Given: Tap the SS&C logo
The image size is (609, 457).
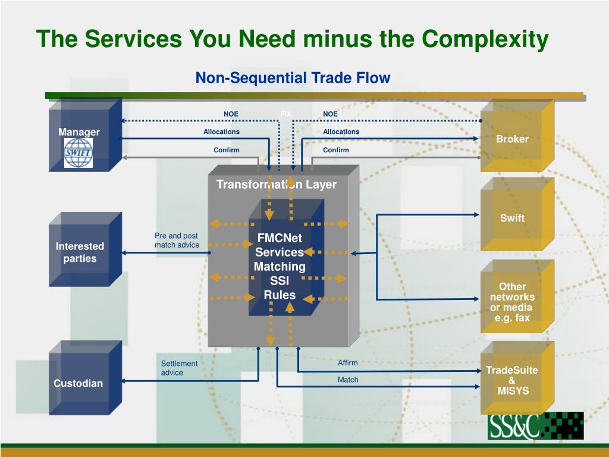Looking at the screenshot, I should coord(535,425).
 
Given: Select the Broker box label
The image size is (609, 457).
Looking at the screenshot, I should coord(512,139).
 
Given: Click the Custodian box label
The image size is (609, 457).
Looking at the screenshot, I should coord(78,383).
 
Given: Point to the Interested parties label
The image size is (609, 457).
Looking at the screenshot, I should coord(80,252).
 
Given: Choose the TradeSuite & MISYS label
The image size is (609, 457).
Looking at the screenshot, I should coord(512,380).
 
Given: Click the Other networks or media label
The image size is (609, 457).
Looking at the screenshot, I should coord(512,302).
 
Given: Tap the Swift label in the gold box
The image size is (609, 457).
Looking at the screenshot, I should coord(512,218).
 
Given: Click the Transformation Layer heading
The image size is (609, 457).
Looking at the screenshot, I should coord(276,184).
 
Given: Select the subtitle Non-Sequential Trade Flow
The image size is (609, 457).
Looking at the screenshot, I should coord(293,77).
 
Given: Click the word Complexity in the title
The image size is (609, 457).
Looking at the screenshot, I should coord(485,39).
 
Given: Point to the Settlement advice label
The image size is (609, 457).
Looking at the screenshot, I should coord(179,368).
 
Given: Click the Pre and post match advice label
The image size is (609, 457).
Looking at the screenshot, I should coord(177,240).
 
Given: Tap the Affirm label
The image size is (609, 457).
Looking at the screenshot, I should coord(348,362).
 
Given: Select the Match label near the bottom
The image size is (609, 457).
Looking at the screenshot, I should coord(348,379).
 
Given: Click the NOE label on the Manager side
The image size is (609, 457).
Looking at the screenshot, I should coord(231,114).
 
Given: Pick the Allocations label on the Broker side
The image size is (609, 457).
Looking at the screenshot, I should coord(341,132).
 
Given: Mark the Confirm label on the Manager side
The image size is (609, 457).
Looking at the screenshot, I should coord(227,150).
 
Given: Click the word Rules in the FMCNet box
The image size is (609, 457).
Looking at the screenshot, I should coord(280,295).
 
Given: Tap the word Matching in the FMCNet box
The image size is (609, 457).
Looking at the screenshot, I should coord(280,267).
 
